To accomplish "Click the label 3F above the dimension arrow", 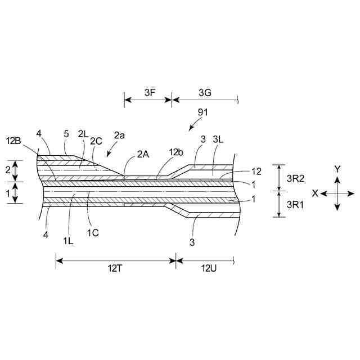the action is click(x=150, y=92).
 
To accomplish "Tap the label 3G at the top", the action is click(x=205, y=92).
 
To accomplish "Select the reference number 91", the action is click(x=203, y=112).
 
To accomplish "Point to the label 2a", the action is click(x=119, y=136).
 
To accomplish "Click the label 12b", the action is click(x=175, y=152).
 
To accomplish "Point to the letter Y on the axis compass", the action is click(x=337, y=169).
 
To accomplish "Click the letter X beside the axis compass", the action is click(x=316, y=193).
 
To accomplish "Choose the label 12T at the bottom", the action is click(x=116, y=268).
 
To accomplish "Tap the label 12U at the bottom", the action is click(x=205, y=268).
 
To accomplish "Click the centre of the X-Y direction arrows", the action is click(x=337, y=193).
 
